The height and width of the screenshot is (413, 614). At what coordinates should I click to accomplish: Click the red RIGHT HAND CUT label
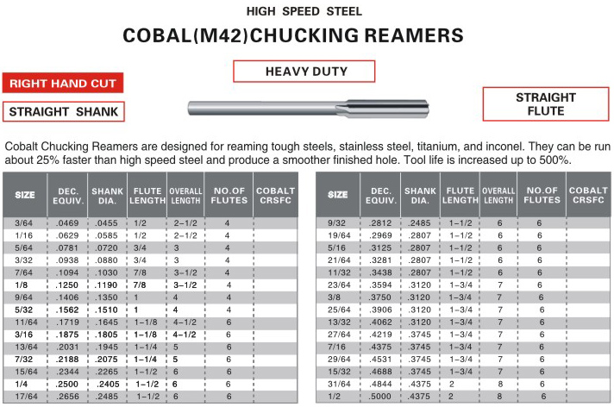coord(62,84)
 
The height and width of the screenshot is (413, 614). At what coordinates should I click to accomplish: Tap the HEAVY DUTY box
coord(304,71)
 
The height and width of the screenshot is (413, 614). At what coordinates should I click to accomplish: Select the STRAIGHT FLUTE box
coord(546,104)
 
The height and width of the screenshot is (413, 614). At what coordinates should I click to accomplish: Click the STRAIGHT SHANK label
coord(63,111)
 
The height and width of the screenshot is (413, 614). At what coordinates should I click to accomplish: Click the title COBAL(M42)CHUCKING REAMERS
coord(293,36)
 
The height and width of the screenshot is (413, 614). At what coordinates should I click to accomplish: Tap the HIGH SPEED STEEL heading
coord(304,11)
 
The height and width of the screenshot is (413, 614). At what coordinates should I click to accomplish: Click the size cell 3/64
coord(25,222)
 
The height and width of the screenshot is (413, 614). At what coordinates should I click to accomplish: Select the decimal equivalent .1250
coord(69,285)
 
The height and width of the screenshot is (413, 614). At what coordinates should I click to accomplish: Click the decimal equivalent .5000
coord(379,397)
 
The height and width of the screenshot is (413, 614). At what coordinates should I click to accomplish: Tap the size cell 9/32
coord(337,222)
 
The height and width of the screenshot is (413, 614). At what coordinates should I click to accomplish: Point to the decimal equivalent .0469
coord(69,222)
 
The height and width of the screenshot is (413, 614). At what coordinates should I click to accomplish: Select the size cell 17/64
coord(25,397)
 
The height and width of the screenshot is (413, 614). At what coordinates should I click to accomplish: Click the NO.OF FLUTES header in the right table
coord(542,195)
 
